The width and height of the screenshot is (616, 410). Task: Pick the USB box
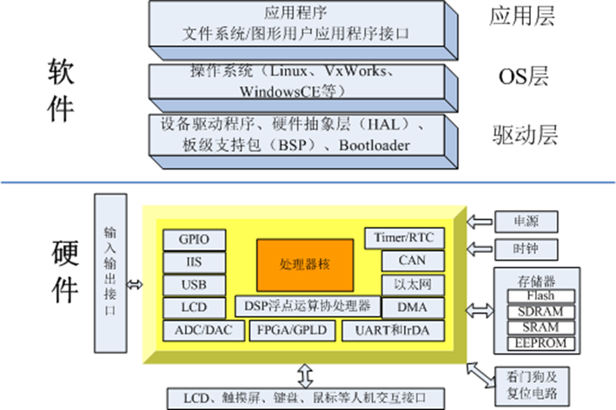click(192, 285)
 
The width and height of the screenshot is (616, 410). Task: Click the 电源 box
click(525, 222)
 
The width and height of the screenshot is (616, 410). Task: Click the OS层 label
click(522, 76)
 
